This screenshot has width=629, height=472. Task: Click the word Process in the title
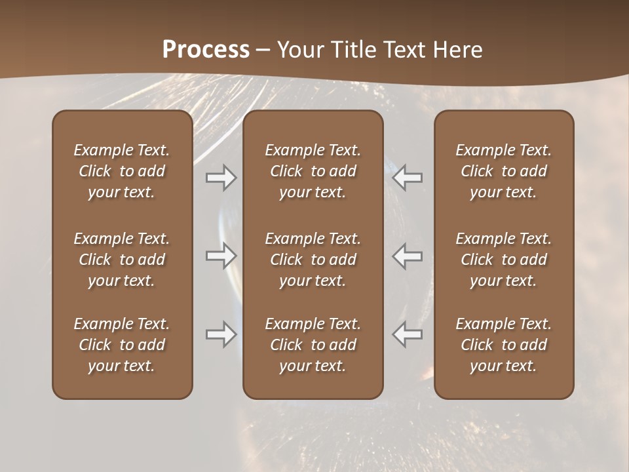tap(206, 50)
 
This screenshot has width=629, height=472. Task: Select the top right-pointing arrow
tap(221, 178)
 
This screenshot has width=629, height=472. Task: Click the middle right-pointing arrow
tap(221, 256)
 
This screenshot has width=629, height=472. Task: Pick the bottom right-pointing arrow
tap(221, 334)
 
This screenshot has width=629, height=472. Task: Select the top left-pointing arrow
tap(408, 178)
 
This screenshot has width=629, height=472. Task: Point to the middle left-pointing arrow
tap(408, 256)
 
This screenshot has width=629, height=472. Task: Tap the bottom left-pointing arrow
tap(408, 334)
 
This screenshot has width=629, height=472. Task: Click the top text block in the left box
tap(122, 171)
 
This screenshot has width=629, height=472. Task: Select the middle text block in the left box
tap(122, 260)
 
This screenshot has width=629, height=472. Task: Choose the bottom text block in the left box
tap(122, 345)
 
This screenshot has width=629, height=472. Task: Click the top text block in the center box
tap(313, 171)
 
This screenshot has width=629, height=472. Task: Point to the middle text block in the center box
tap(313, 260)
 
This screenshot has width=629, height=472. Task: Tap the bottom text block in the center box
tap(313, 345)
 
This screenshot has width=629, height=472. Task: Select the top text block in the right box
tap(504, 171)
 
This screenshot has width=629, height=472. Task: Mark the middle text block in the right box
tap(504, 260)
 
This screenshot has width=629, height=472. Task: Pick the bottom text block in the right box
tap(504, 345)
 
